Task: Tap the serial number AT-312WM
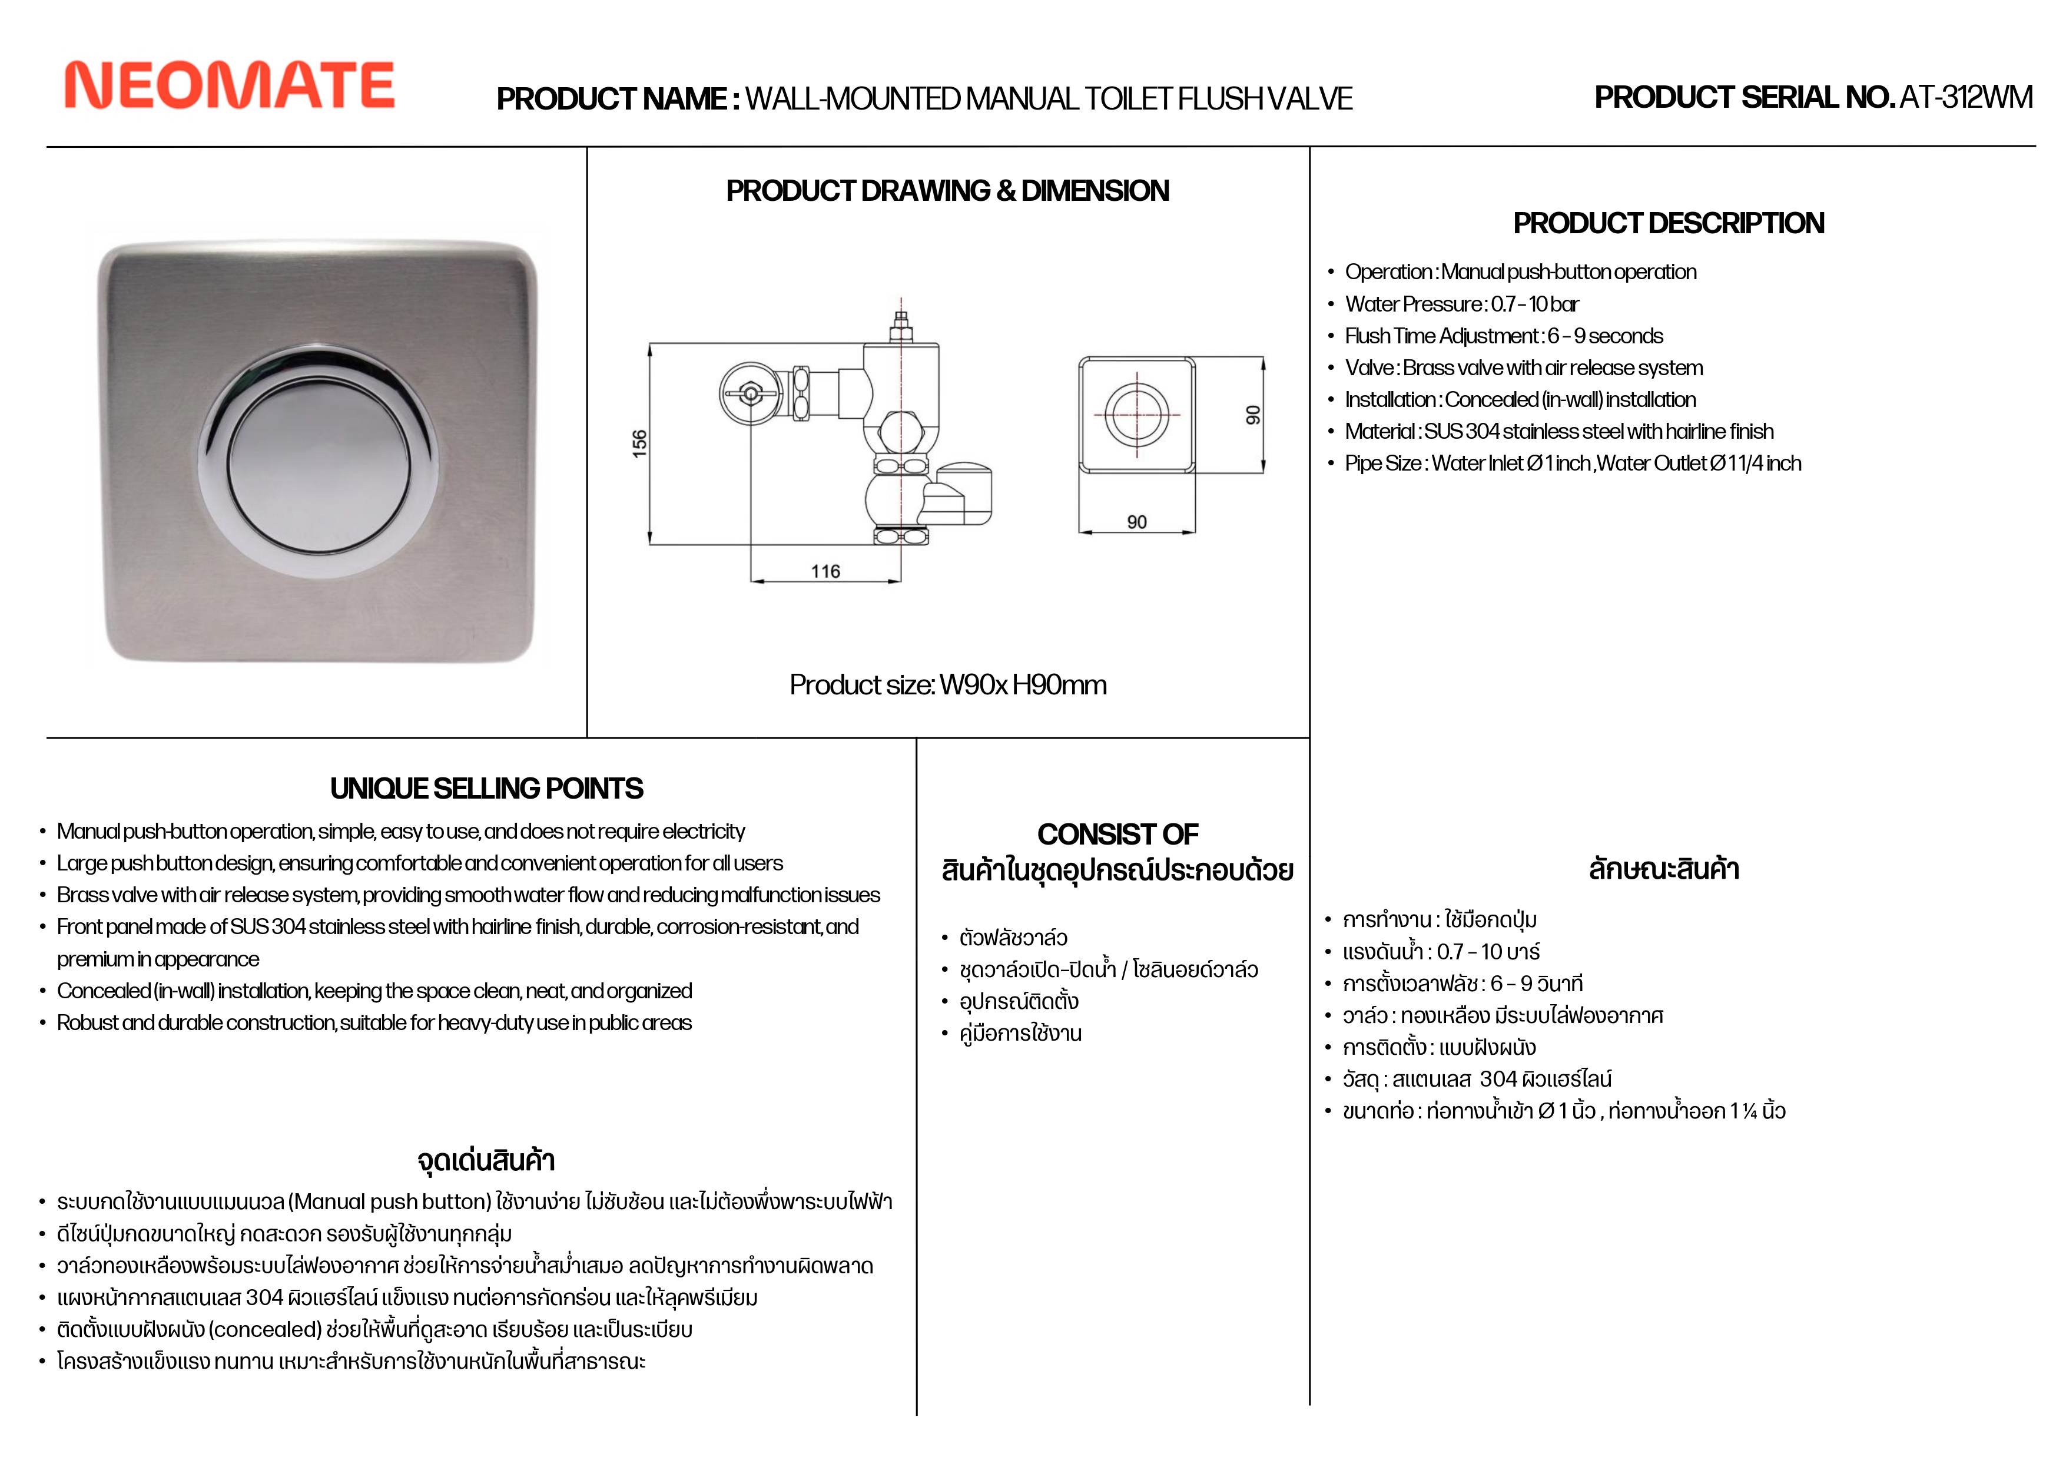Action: tap(1965, 97)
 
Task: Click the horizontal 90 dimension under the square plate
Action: tap(1136, 522)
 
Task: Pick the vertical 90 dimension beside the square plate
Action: tap(1252, 415)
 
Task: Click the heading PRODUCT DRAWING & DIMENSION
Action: tap(947, 191)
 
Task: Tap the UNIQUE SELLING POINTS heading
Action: tap(486, 789)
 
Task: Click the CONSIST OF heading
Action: tap(1117, 835)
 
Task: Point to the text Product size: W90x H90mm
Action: tap(947, 685)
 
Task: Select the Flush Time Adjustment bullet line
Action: tap(1504, 336)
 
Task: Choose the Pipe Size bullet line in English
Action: tap(1573, 464)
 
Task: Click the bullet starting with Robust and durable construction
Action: tap(374, 1022)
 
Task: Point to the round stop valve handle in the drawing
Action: tap(749, 392)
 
